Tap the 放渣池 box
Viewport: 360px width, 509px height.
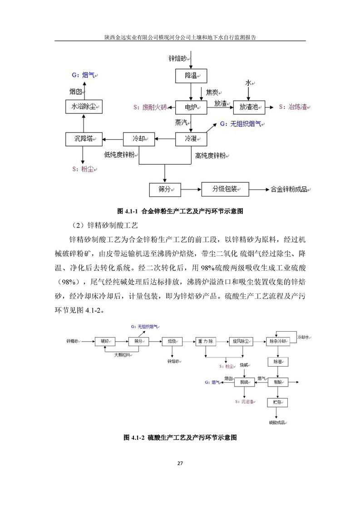[x=248, y=108]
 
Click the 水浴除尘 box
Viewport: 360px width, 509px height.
[x=83, y=107]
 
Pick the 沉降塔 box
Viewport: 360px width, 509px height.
[x=83, y=139]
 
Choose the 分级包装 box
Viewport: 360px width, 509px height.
[x=225, y=189]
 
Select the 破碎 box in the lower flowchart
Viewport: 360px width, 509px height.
[x=105, y=341]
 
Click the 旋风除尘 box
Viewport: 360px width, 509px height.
[x=241, y=341]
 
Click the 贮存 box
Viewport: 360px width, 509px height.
[x=278, y=403]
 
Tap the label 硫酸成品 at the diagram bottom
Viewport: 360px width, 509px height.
[x=277, y=423]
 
